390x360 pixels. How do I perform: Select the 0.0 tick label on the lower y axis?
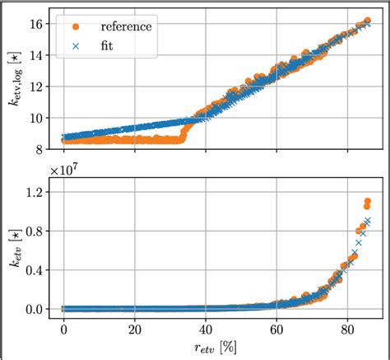tap(38, 310)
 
